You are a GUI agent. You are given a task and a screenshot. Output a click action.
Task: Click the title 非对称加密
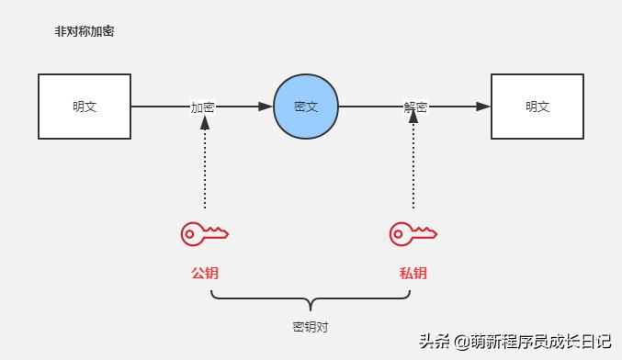pyautogui.click(x=85, y=31)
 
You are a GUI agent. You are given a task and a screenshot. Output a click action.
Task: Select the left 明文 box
pyautogui.click(x=85, y=107)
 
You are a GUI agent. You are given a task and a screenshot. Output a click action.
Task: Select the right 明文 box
pyautogui.click(x=537, y=107)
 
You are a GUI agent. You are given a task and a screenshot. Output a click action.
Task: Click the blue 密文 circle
pyautogui.click(x=306, y=107)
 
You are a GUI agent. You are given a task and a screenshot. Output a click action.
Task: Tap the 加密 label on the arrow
pyautogui.click(x=203, y=107)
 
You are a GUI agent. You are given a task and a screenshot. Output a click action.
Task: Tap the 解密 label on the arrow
pyautogui.click(x=415, y=107)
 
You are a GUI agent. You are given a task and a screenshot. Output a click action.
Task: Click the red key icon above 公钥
pyautogui.click(x=204, y=234)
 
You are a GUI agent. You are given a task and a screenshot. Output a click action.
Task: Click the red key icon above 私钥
pyautogui.click(x=413, y=234)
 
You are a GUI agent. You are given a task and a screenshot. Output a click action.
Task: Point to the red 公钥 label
pyautogui.click(x=204, y=273)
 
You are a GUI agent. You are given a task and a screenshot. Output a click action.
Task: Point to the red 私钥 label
pyautogui.click(x=413, y=273)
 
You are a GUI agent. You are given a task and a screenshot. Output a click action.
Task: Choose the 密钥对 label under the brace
pyautogui.click(x=310, y=326)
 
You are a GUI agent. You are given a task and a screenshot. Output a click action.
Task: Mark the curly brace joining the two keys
pyautogui.click(x=310, y=300)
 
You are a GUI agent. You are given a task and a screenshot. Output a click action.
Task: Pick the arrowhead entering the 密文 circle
pyautogui.click(x=266, y=107)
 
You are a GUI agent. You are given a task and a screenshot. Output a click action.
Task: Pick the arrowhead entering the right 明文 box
pyautogui.click(x=483, y=107)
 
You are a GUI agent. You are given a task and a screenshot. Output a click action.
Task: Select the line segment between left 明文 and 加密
pyautogui.click(x=160, y=107)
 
